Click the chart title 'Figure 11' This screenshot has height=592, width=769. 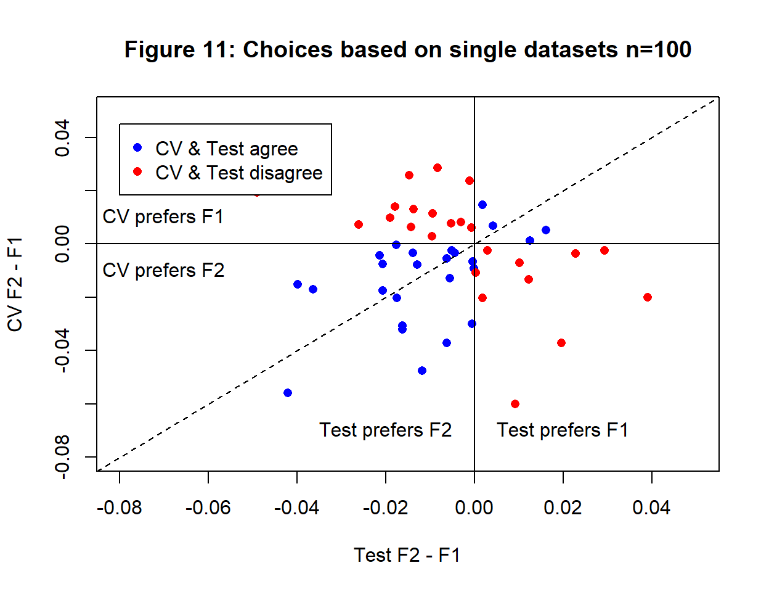(407, 49)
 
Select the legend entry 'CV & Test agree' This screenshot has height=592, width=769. (226, 149)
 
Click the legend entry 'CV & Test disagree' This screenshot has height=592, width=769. (238, 173)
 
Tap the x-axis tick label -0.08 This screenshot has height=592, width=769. (119, 508)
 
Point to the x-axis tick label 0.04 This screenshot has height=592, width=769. (651, 508)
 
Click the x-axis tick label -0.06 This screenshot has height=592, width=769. (208, 508)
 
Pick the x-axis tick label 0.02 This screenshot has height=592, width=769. (563, 508)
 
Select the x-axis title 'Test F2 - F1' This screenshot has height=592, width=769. (407, 555)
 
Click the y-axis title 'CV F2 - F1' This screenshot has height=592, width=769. (15, 284)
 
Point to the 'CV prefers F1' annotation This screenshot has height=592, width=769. (163, 217)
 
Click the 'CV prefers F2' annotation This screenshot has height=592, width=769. (163, 271)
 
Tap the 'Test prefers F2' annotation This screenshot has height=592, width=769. (385, 430)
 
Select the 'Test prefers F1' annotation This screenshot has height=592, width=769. (563, 430)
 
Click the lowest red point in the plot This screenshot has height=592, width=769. (515, 404)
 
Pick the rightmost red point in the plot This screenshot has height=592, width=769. (648, 297)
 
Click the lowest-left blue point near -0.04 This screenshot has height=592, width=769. (288, 393)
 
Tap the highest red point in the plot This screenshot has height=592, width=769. (437, 168)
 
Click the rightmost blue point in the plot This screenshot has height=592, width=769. (546, 230)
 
